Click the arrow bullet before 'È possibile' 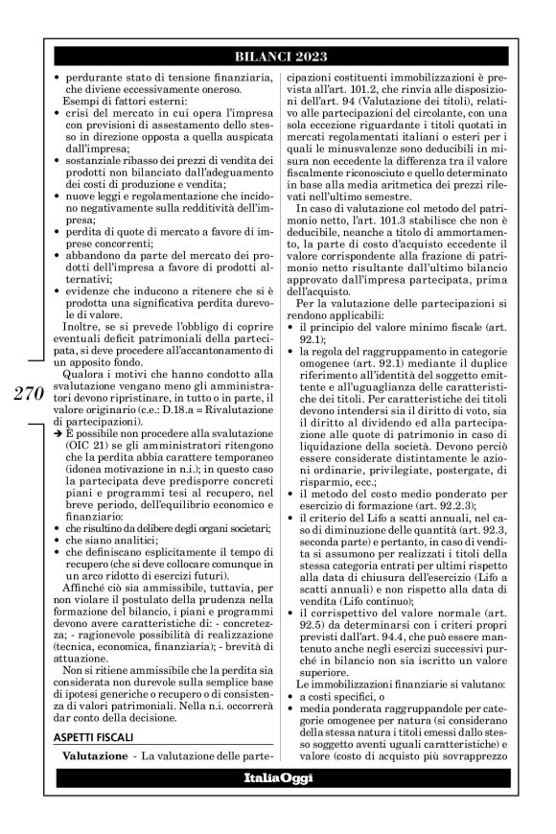click(56, 433)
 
